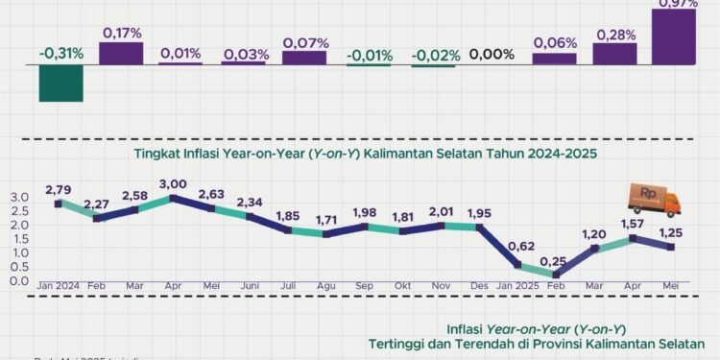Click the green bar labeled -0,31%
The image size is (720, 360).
(60, 83)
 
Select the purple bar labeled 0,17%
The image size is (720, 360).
(121, 54)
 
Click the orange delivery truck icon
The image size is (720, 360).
(654, 199)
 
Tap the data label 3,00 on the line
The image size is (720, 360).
(173, 184)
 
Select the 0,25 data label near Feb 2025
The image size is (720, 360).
(550, 261)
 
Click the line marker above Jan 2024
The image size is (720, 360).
(59, 204)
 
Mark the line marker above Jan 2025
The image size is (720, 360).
(519, 264)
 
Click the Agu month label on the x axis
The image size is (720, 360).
(326, 287)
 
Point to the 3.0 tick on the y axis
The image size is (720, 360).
(19, 198)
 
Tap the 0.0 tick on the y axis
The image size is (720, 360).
(19, 280)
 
